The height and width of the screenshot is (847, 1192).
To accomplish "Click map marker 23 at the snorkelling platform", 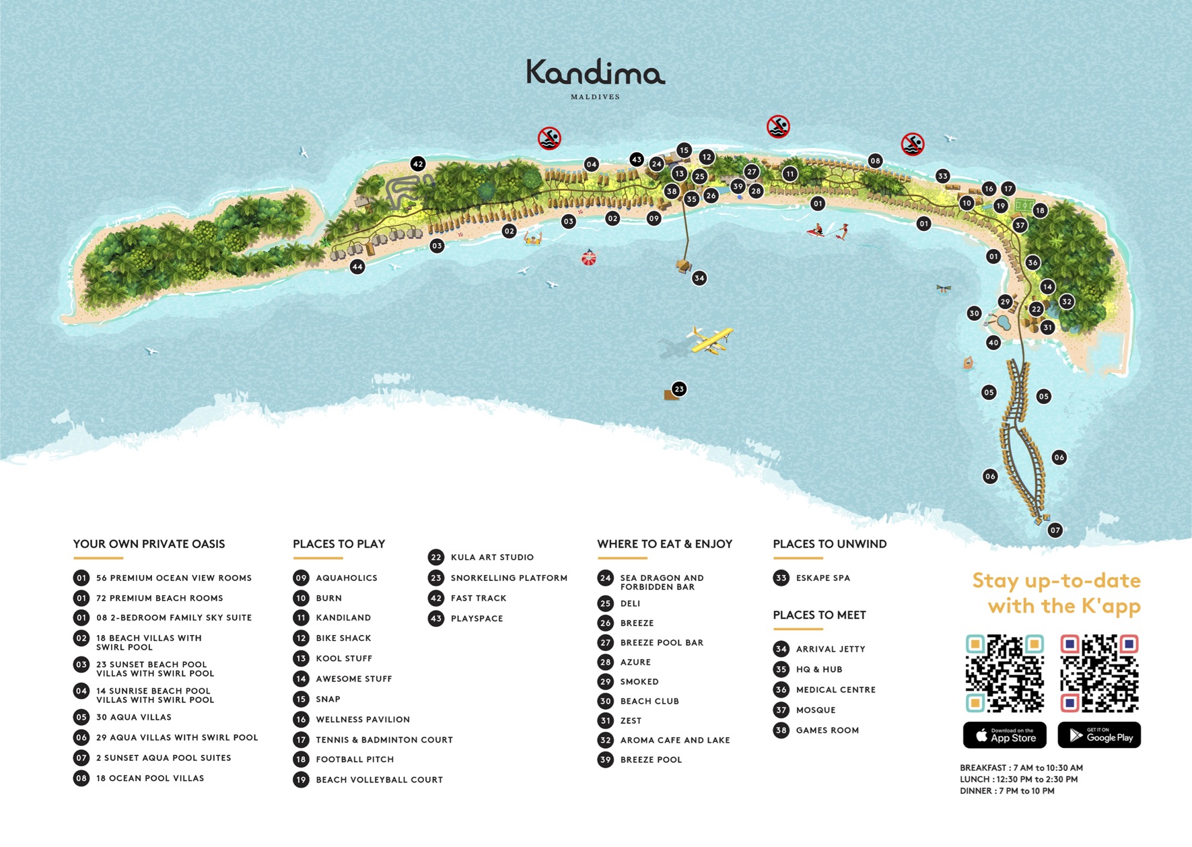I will [679, 388].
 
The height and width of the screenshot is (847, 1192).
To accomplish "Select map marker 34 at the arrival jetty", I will [699, 277].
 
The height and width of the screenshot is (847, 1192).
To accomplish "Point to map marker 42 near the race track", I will [418, 164].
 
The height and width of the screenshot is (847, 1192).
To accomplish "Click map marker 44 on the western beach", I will [357, 267].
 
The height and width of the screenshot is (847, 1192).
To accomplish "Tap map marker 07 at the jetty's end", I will [1055, 530].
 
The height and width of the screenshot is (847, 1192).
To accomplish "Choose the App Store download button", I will [1004, 735].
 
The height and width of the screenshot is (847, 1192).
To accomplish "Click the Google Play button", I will [1099, 735].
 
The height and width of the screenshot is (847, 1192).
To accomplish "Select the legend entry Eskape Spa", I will [822, 578].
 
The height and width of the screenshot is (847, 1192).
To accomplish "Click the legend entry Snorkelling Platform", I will [508, 578].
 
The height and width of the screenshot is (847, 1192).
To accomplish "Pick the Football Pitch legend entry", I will [354, 759].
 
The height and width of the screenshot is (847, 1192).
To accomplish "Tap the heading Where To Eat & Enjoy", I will [664, 544].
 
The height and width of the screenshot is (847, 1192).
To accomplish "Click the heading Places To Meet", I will [819, 615].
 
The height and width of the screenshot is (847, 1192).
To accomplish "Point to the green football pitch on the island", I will [1024, 204].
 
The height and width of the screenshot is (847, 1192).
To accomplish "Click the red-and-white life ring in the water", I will [589, 258].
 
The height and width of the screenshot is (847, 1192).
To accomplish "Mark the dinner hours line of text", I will [1007, 791].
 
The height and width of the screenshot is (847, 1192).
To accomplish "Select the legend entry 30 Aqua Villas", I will [133, 717].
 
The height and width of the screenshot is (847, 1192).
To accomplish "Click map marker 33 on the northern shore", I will [942, 176].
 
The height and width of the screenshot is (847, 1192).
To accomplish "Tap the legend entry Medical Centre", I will [835, 689].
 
